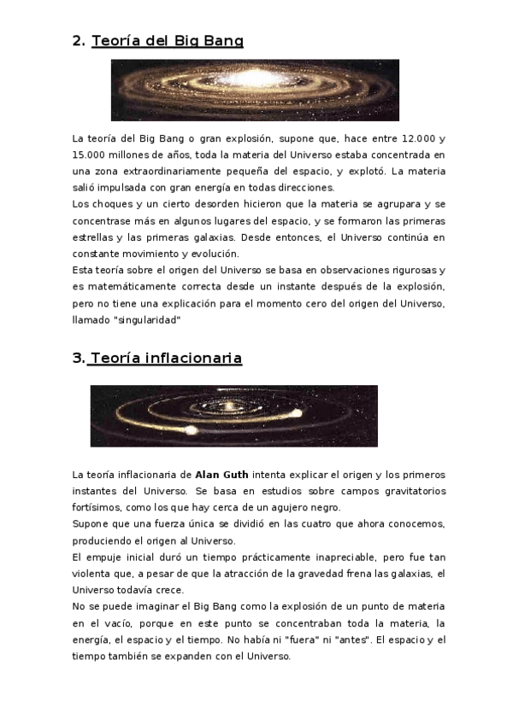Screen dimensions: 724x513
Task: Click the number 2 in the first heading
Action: [77, 40]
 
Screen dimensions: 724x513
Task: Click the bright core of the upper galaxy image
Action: [255, 84]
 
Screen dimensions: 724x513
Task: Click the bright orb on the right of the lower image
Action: [298, 414]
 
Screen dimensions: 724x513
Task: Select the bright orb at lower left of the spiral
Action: [192, 430]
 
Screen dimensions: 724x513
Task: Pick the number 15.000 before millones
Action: [91, 155]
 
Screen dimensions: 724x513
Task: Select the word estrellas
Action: [92, 236]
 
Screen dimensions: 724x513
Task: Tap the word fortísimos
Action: [96, 506]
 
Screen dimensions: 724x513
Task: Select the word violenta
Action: [92, 572]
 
